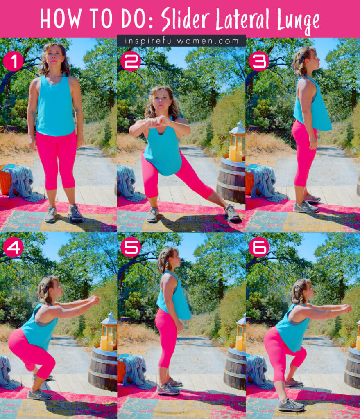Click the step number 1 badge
tap(13, 61)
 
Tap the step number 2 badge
tap(131, 61)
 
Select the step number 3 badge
tap(259, 61)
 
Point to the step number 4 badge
tap(13, 247)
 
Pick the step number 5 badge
tap(131, 247)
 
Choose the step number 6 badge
tap(259, 247)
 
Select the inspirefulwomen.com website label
tap(181, 41)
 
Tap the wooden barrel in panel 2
tap(231, 180)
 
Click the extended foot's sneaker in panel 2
tap(231, 213)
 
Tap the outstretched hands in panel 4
tap(95, 300)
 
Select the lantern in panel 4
tap(109, 331)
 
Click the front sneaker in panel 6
tap(291, 405)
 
